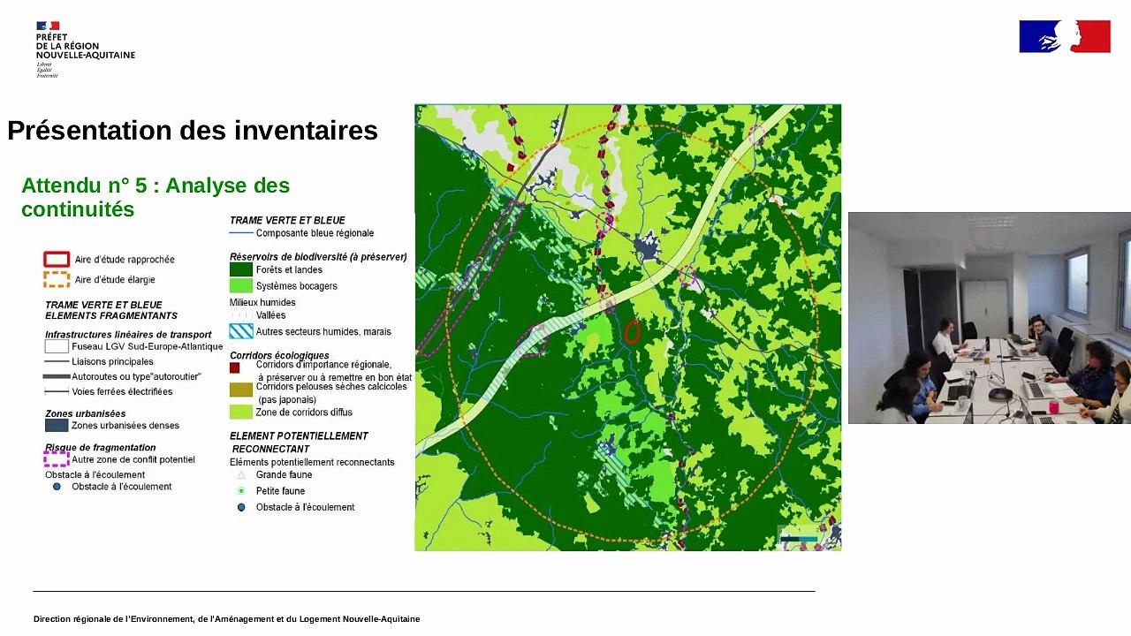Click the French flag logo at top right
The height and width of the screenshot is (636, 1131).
1064,36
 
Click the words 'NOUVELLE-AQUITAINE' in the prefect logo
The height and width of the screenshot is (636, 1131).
86,56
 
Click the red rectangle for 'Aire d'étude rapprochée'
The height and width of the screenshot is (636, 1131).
57,260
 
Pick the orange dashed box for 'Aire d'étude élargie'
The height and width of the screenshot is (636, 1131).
57,280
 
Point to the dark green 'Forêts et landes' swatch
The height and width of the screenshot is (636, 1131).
241,269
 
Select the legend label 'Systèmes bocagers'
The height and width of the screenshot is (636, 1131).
296,286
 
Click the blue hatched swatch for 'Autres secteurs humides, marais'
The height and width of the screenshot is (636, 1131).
241,332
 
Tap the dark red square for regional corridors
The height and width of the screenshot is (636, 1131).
235,367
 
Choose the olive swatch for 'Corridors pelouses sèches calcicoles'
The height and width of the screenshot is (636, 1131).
241,390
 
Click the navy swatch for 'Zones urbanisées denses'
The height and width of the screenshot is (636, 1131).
57,425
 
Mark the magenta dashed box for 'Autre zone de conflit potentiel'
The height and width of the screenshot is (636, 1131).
57,459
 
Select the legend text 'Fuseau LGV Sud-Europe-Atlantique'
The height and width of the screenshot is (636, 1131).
147,346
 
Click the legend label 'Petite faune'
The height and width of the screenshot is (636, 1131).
280,491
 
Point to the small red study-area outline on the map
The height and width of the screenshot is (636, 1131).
632,332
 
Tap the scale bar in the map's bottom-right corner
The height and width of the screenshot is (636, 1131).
798,537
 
